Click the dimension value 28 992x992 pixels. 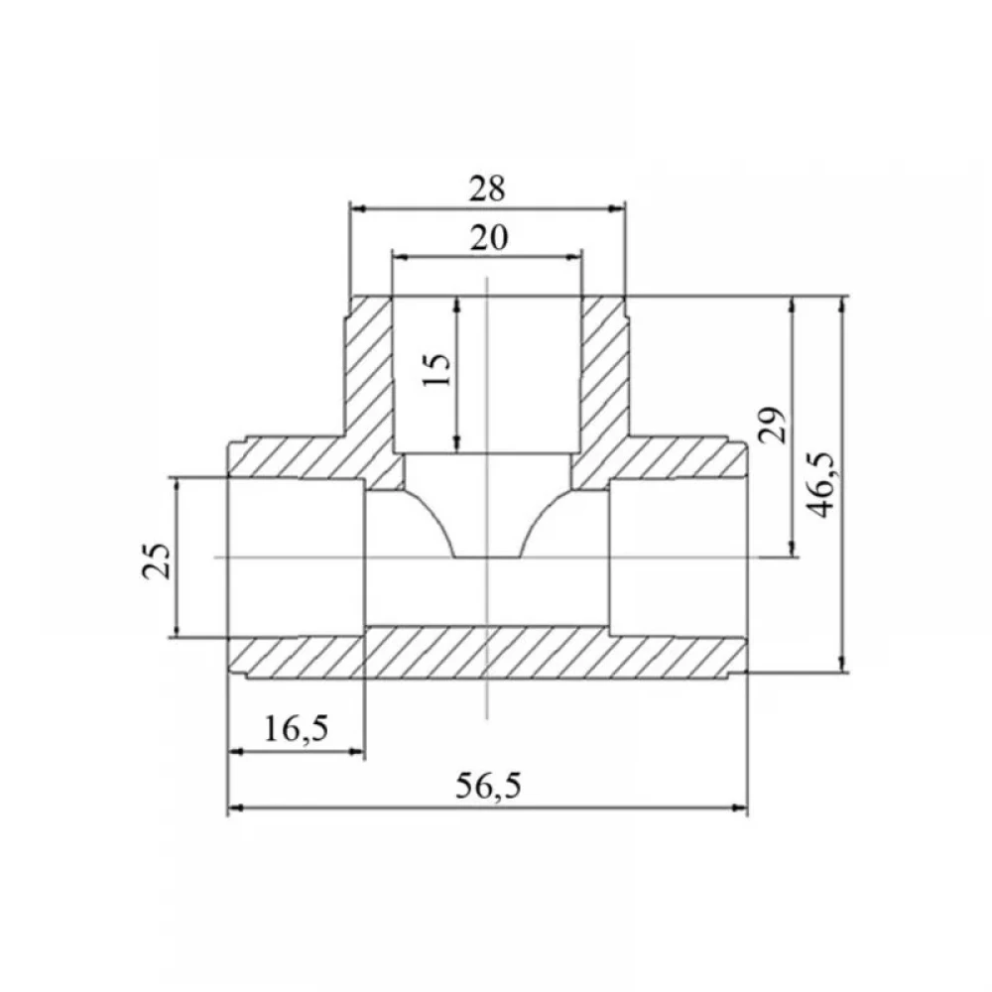[x=487, y=188]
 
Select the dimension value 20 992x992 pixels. [x=489, y=238]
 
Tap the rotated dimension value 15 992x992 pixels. [x=437, y=369]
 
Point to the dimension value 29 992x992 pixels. [x=772, y=425]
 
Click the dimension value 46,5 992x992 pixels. [x=821, y=485]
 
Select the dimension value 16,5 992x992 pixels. [x=296, y=729]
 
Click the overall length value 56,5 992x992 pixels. [x=488, y=786]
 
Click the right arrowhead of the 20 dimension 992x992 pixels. [x=573, y=257]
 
